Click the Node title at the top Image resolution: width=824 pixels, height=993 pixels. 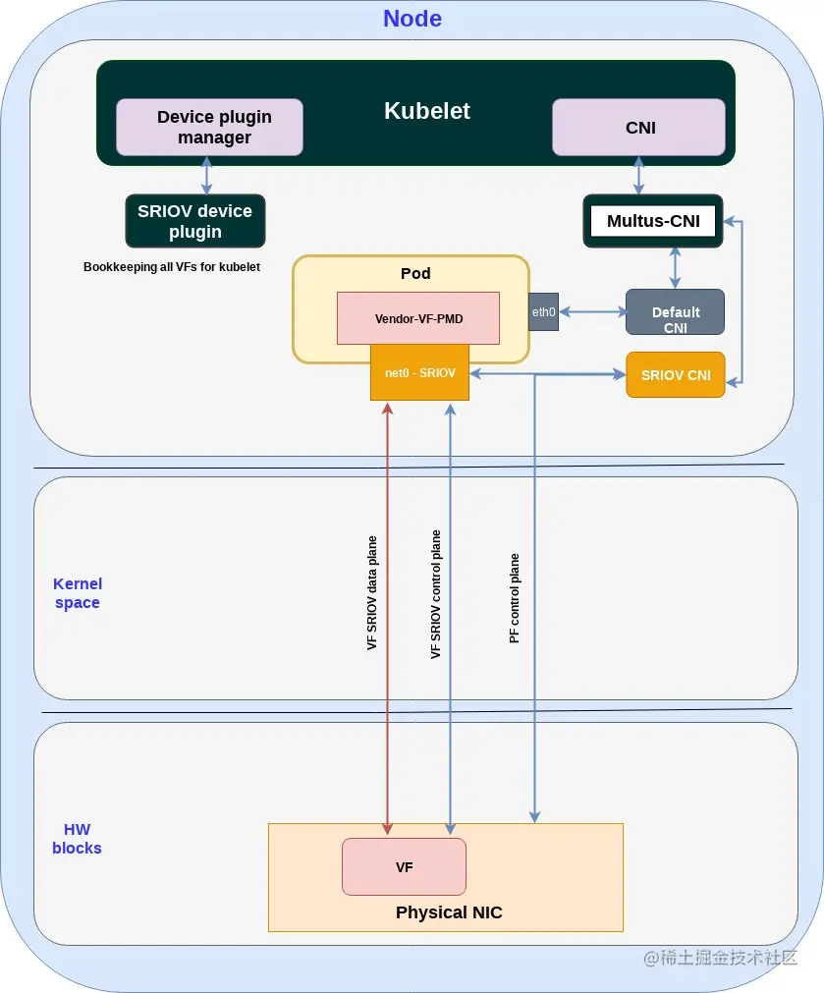412,19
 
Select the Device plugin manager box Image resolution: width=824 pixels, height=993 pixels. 209,128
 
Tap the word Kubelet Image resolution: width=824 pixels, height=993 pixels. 427,111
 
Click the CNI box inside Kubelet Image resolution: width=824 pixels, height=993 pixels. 638,128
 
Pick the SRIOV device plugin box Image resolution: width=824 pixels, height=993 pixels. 195,221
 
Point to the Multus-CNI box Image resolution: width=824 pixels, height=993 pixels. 653,221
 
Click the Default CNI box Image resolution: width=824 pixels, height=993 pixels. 675,312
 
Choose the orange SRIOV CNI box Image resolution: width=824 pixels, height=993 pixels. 675,375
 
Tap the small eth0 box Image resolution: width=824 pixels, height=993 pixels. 543,311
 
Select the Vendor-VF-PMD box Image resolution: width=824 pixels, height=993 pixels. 418,318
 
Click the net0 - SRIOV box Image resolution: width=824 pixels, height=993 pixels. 420,372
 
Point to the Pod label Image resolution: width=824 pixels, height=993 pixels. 415,273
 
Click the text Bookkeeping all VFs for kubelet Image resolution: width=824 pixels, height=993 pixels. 172,266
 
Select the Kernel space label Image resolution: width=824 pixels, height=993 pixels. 78,593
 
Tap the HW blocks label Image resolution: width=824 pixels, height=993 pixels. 77,839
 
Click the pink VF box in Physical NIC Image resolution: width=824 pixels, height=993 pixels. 404,867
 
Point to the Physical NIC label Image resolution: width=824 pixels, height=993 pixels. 449,912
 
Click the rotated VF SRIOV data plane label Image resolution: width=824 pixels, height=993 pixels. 372,593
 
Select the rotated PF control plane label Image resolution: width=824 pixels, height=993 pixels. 515,598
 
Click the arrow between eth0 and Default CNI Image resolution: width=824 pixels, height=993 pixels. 592,311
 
